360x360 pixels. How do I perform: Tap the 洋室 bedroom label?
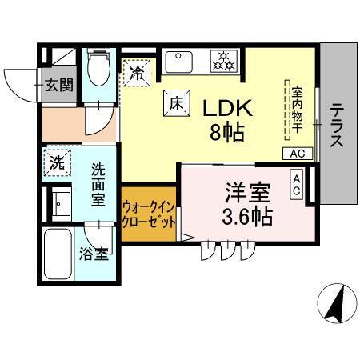pos(246,192)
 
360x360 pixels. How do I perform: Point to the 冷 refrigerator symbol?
pos(137,73)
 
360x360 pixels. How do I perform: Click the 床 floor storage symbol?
pos(175,102)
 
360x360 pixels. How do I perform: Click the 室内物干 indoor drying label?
pos(296,110)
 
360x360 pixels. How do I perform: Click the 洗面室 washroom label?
pos(98,185)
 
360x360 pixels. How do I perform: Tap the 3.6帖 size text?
pos(246,216)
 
